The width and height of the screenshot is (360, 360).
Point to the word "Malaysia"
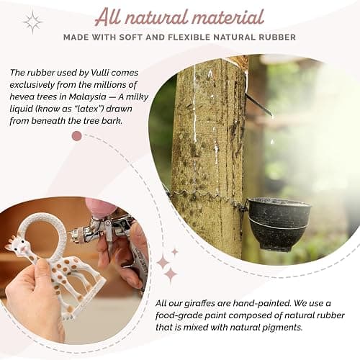[x=87, y=96]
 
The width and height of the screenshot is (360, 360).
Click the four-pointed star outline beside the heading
[x=32, y=22]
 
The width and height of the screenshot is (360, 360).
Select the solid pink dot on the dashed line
[x=77, y=136]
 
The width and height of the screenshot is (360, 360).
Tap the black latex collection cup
[x=279, y=225]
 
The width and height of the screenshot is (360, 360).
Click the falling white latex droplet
[x=271, y=142]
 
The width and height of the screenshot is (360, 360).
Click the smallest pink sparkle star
[x=175, y=252]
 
